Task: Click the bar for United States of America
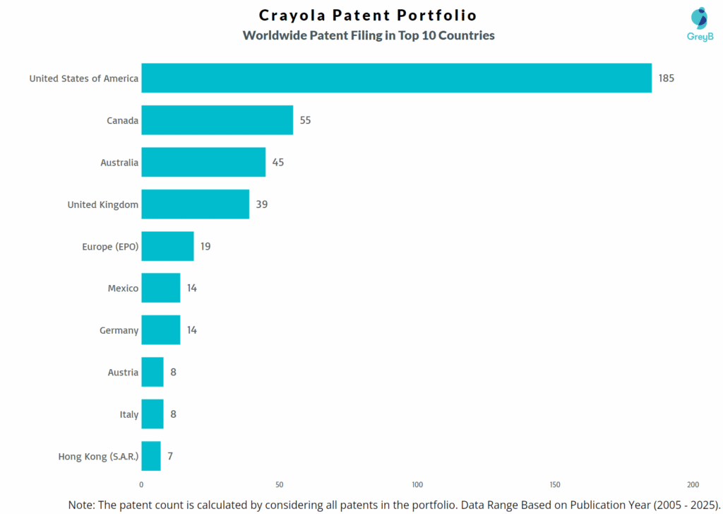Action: click(x=396, y=78)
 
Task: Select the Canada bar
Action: click(x=217, y=120)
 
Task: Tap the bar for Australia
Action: click(x=203, y=162)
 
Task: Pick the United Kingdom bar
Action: click(x=195, y=204)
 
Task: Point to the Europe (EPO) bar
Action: click(x=167, y=246)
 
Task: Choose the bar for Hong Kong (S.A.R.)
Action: click(x=151, y=456)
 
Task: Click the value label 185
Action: click(x=667, y=78)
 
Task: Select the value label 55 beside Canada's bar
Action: click(x=305, y=120)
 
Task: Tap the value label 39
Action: click(x=262, y=204)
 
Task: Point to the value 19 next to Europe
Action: click(x=205, y=246)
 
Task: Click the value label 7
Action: click(x=170, y=456)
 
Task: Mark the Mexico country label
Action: click(x=123, y=288)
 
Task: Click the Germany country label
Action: click(x=119, y=330)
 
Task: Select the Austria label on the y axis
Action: click(x=123, y=372)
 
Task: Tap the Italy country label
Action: click(x=129, y=414)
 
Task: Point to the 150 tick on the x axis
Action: click(x=555, y=484)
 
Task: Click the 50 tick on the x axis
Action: click(x=279, y=484)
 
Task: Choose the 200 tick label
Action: click(x=693, y=484)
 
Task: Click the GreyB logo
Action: click(x=700, y=24)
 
